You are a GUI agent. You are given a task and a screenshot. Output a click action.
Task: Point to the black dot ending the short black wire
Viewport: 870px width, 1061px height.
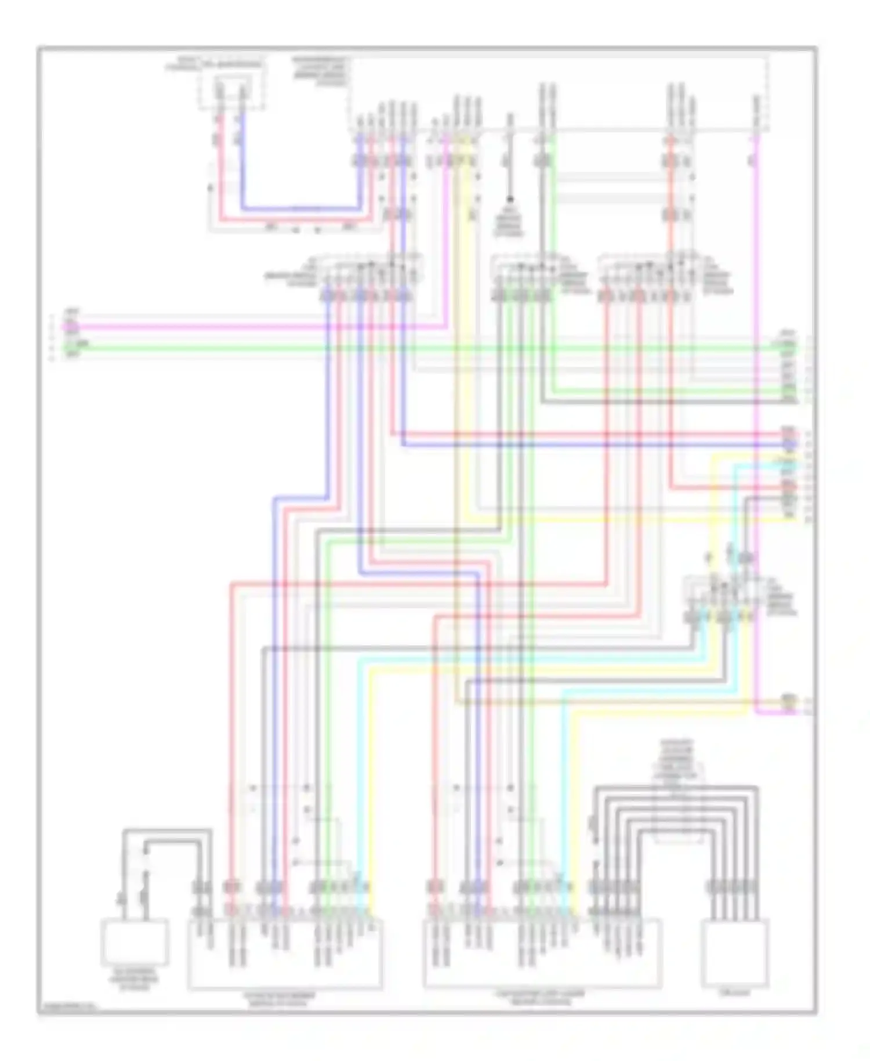click(x=510, y=199)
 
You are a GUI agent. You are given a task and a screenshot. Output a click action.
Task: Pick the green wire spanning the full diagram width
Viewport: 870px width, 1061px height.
click(x=406, y=348)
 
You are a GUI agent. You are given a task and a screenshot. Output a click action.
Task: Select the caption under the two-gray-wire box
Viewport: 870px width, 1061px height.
click(x=135, y=979)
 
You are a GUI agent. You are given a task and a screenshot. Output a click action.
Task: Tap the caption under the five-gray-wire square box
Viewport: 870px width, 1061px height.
click(x=735, y=993)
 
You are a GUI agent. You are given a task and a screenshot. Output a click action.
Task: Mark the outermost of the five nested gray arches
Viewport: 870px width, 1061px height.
click(x=676, y=788)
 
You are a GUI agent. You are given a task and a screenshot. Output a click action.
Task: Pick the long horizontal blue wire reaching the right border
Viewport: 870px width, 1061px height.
click(x=580, y=445)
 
